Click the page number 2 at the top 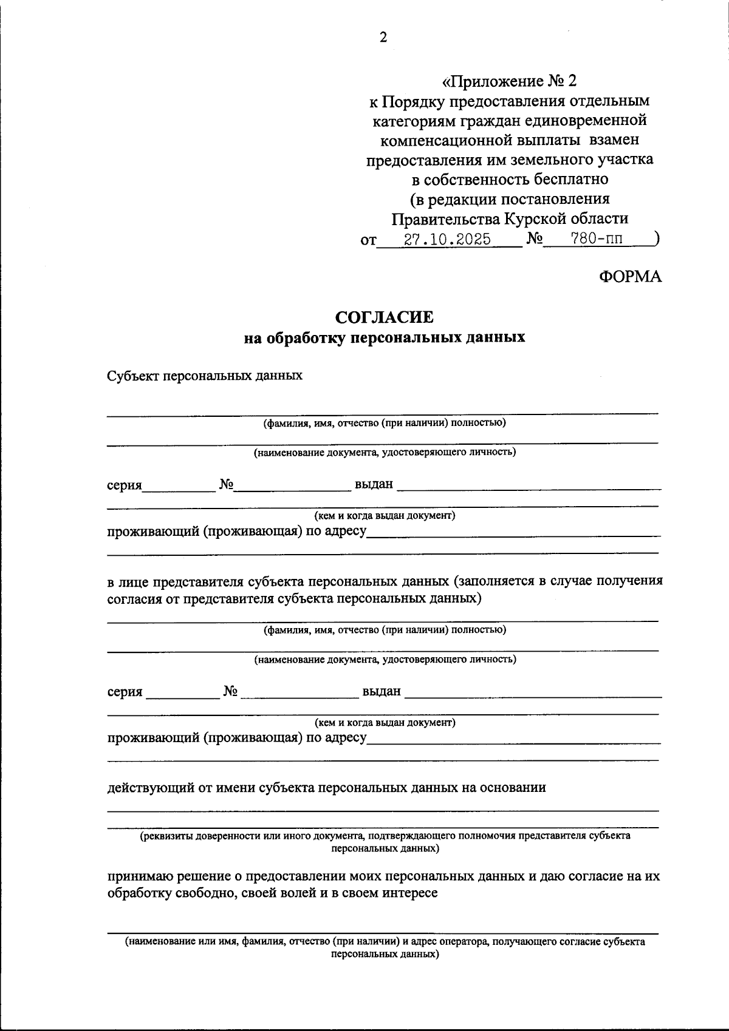click(x=383, y=38)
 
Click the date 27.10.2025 click(x=448, y=239)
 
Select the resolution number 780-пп click(x=597, y=239)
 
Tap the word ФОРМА click(x=630, y=277)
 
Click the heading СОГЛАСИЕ click(x=385, y=317)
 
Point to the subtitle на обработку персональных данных click(x=385, y=337)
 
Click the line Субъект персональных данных click(x=205, y=376)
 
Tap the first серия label click(x=125, y=485)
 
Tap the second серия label click(x=125, y=692)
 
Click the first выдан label click(x=374, y=485)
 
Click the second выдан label click(x=382, y=691)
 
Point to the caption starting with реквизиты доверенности click(x=385, y=836)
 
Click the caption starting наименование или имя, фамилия click(x=385, y=942)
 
